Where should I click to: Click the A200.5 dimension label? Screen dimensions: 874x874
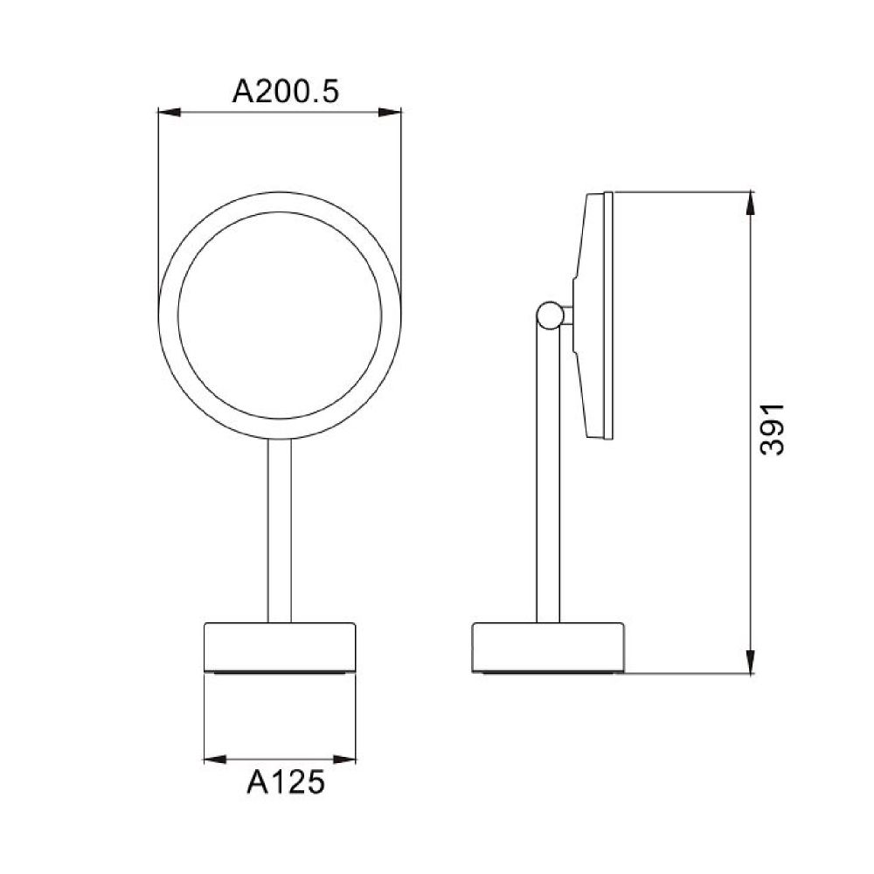point(285,91)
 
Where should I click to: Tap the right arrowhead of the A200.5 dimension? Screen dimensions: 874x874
point(392,112)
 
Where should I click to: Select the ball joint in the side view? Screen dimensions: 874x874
point(550,316)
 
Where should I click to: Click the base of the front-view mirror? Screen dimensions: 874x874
point(280,645)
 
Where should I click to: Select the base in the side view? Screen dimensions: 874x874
point(549,645)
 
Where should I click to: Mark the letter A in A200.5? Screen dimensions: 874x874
point(244,91)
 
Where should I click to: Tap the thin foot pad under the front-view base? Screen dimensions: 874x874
point(280,672)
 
